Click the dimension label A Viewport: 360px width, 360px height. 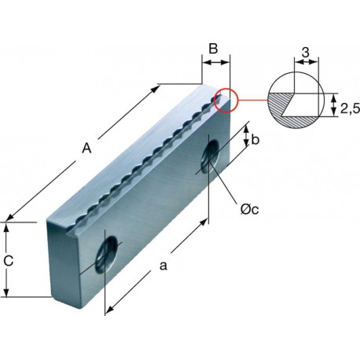click(86, 149)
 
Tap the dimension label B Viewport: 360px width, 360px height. click(213, 49)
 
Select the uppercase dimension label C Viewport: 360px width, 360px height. click(9, 261)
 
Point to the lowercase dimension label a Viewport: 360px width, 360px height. click(163, 266)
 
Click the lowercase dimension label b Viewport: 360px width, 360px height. click(255, 140)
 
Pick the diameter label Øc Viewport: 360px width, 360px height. click(249, 209)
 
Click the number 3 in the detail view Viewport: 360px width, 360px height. click(305, 53)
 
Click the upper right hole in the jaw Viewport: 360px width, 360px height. click(211, 156)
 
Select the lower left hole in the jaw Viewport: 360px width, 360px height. click(107, 255)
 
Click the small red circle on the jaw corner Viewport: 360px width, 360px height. click(226, 101)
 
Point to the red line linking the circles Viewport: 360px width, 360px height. click(252, 100)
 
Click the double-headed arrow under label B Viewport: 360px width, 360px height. click(216, 62)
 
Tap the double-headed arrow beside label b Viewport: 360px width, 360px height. click(246, 136)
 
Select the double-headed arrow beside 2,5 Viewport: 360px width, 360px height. click(333, 105)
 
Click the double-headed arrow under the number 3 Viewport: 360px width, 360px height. click(307, 62)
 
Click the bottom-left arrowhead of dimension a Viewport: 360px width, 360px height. click(109, 309)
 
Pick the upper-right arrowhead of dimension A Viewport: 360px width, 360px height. click(156, 89)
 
